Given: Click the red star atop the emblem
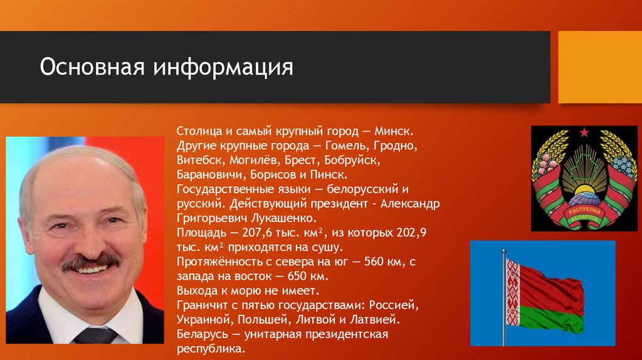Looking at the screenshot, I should coord(584,132).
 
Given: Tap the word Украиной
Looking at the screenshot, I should coord(201,319).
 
